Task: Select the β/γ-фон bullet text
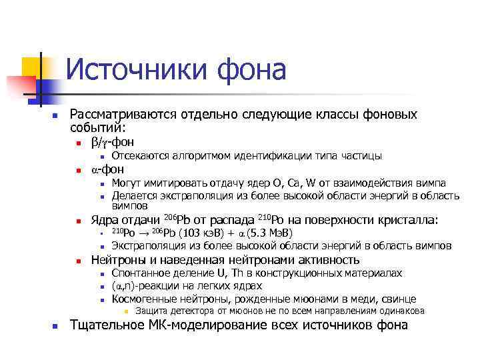tap(112, 141)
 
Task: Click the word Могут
tap(127, 183)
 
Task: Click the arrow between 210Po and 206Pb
tap(143, 233)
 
